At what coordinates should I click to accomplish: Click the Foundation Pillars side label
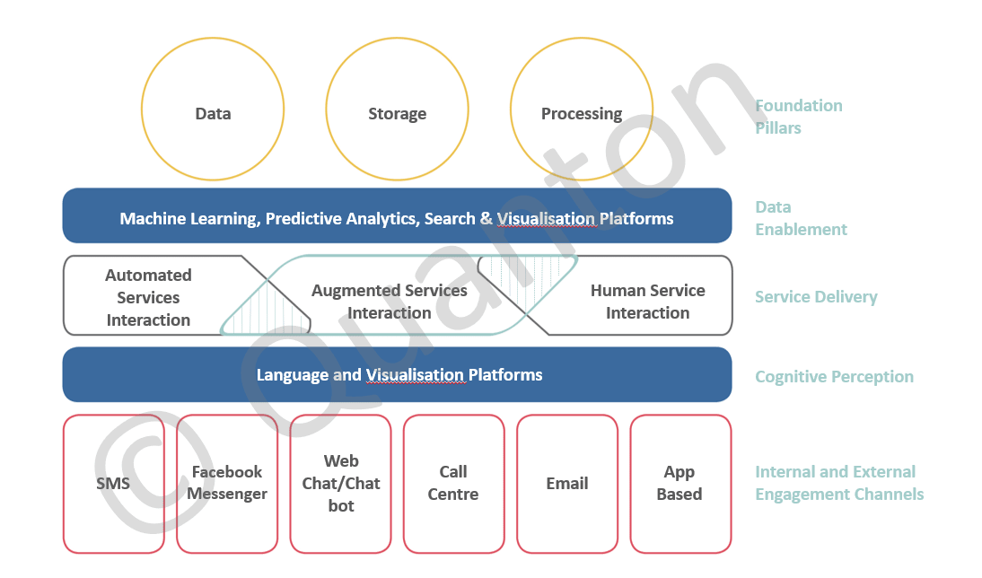[x=798, y=117]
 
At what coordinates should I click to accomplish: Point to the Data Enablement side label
[x=801, y=218]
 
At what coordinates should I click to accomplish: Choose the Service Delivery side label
[x=815, y=297]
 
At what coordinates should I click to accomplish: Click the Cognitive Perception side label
[x=834, y=377]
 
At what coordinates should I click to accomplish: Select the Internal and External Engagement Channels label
[x=838, y=483]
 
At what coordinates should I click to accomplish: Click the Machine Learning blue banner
[x=396, y=216]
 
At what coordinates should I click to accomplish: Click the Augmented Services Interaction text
[x=390, y=302]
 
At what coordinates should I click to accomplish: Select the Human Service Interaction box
[x=647, y=302]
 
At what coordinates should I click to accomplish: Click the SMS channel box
[x=113, y=484]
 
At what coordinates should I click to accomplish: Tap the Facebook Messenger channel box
[x=227, y=484]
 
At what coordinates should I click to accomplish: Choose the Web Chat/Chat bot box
[x=340, y=484]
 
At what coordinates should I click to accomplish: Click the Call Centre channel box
[x=453, y=484]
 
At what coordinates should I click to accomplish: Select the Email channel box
[x=566, y=484]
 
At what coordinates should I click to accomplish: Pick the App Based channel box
[x=680, y=484]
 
